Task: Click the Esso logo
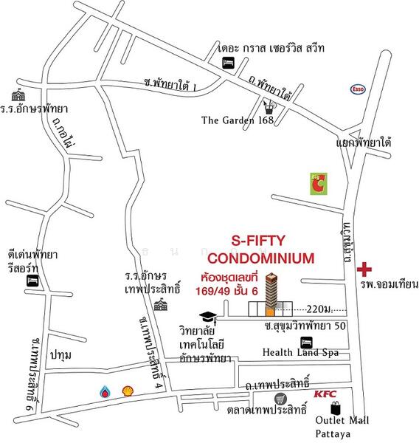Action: [x=359, y=89]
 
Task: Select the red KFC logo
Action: [x=325, y=394]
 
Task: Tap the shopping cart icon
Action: [x=260, y=399]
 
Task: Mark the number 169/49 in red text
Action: [x=212, y=292]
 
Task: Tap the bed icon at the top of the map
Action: [x=229, y=63]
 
